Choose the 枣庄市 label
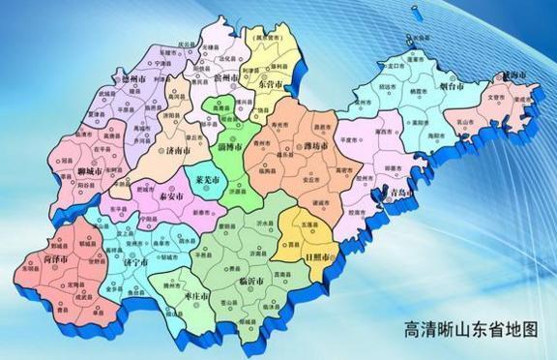click(195, 295)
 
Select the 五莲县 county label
click(308, 225)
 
